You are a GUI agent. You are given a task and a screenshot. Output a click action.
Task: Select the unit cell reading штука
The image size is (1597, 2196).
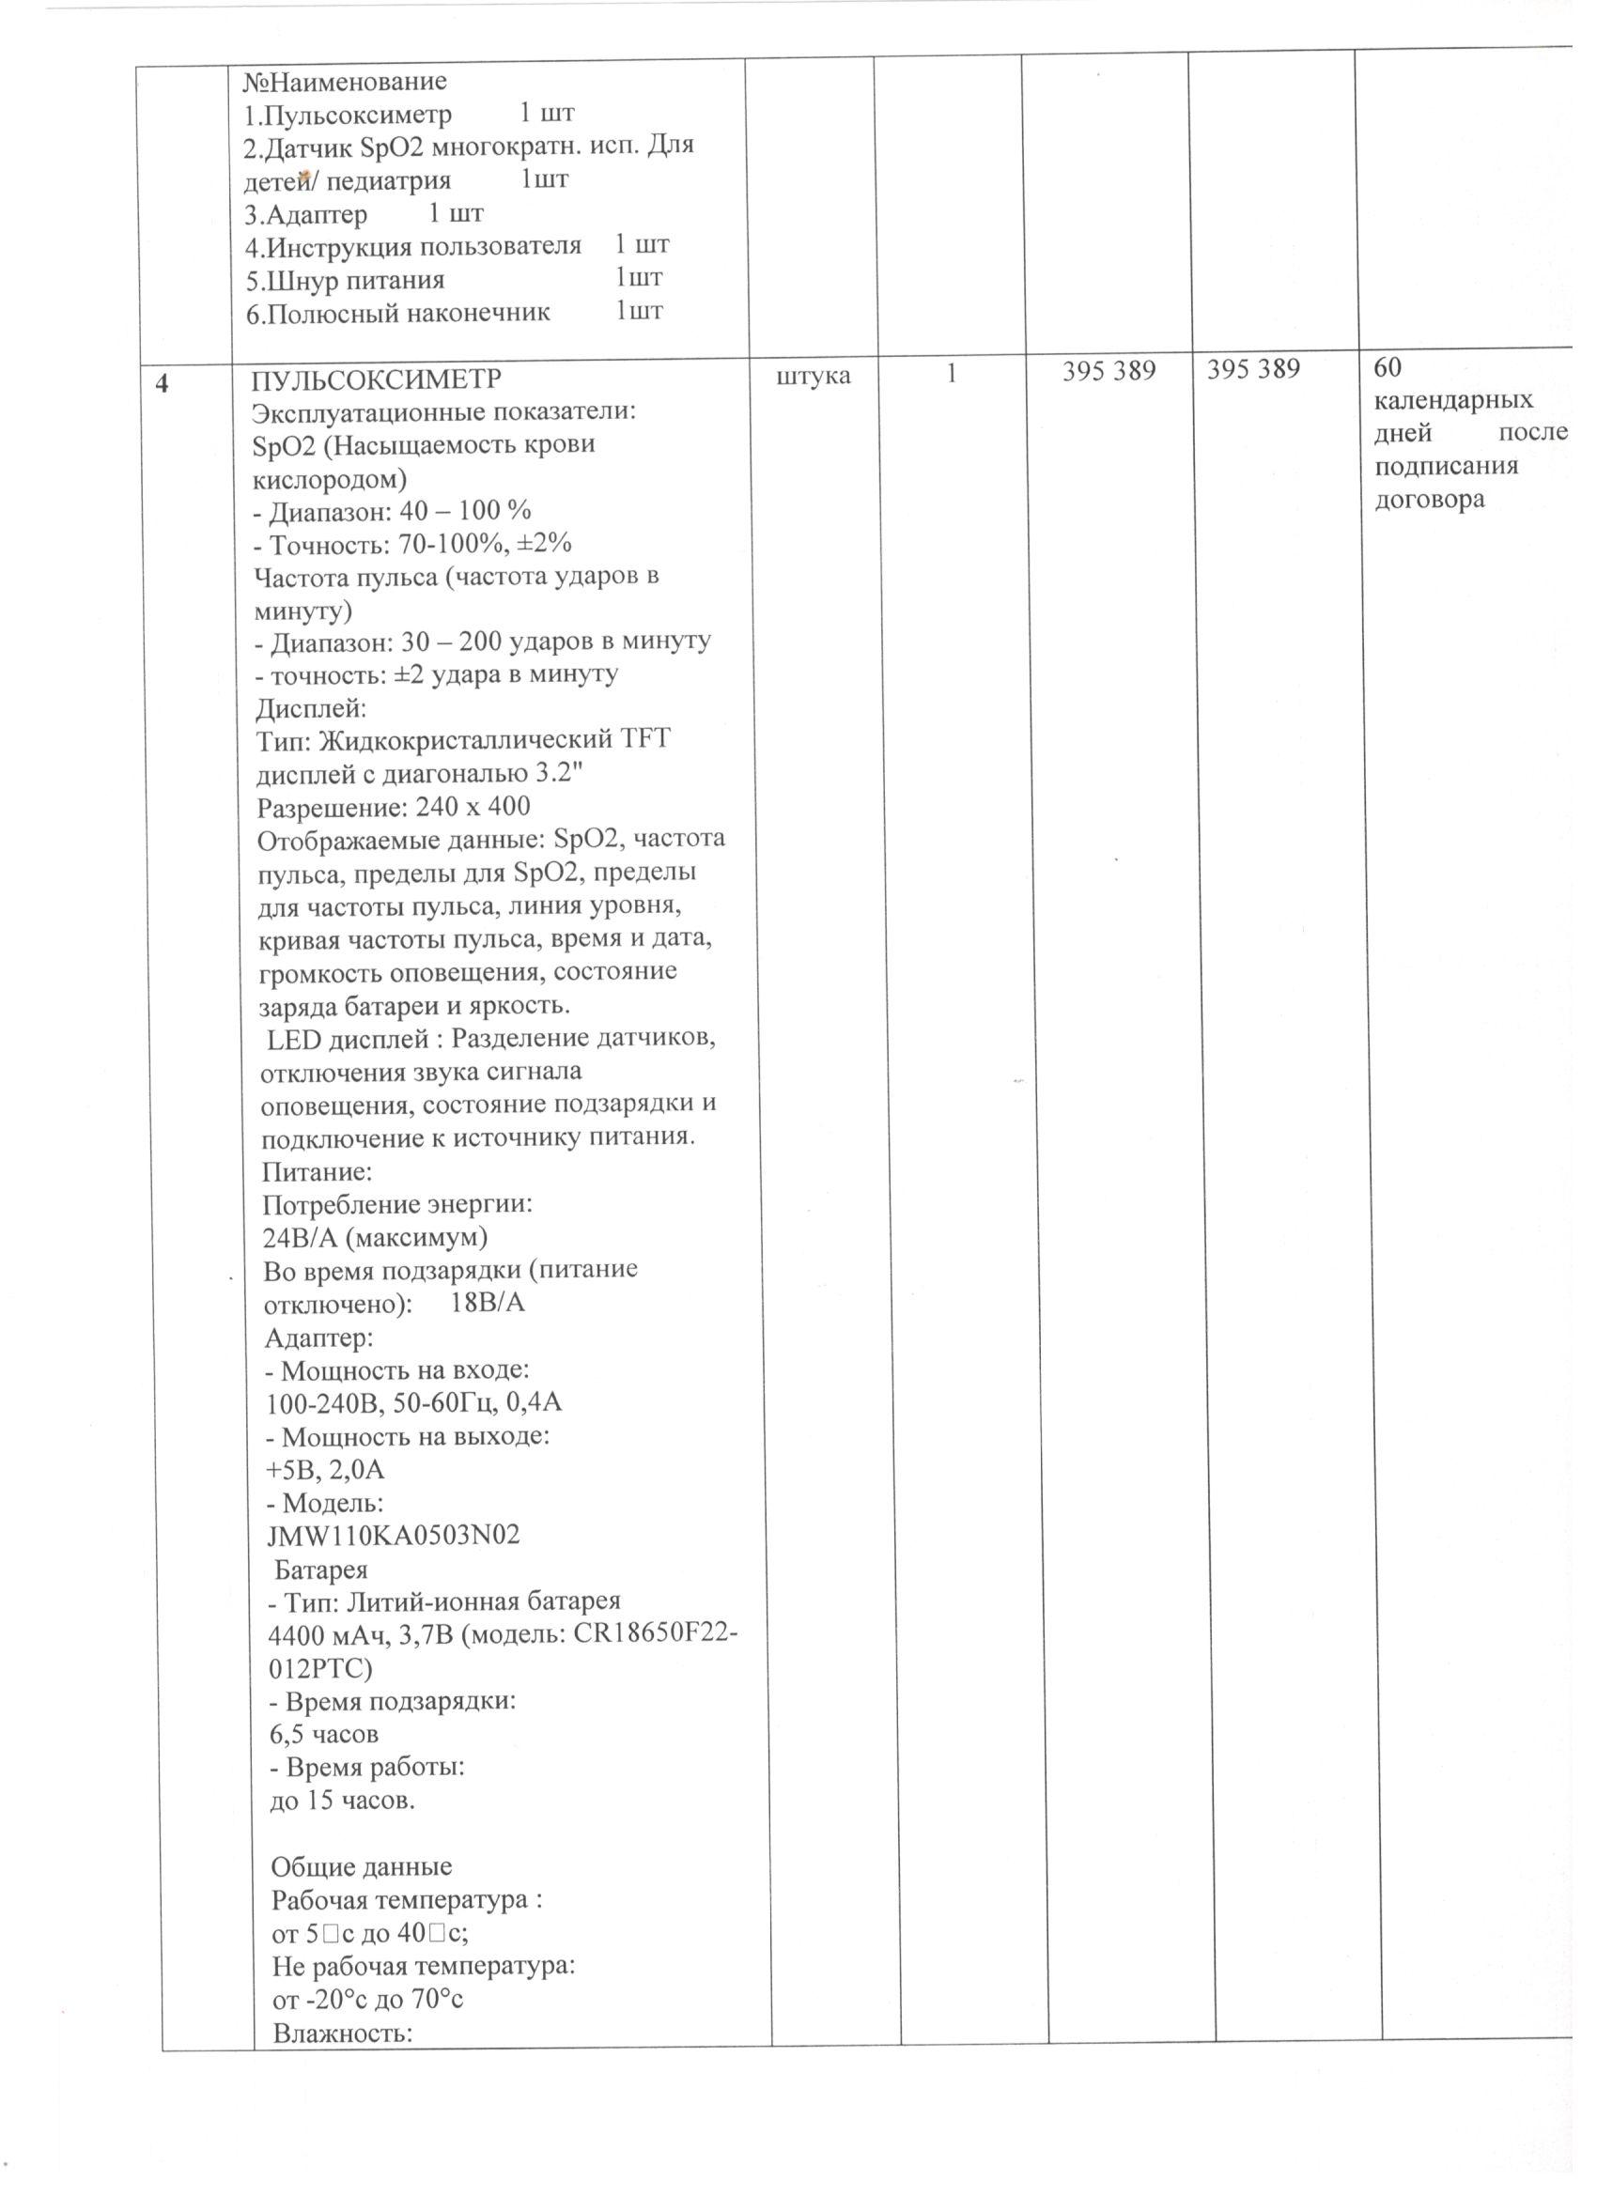(814, 375)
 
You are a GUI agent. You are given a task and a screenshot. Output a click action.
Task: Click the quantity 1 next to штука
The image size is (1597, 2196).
(952, 373)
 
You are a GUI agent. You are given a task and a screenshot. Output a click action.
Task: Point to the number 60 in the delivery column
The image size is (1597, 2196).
(1388, 367)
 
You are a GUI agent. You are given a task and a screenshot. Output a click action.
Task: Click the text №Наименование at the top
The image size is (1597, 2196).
(345, 81)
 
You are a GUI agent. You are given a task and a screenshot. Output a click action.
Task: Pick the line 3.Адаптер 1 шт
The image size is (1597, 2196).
(364, 213)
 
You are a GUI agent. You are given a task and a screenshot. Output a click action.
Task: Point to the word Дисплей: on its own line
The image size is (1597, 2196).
(311, 708)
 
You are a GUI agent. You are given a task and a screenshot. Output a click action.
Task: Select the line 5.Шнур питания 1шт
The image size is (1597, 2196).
(452, 280)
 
